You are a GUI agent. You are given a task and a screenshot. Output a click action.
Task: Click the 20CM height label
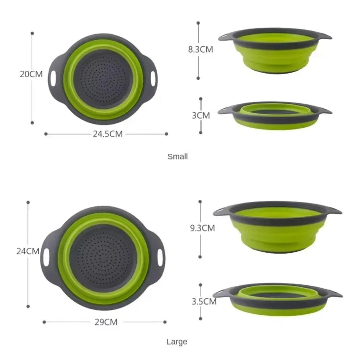pos(31,74)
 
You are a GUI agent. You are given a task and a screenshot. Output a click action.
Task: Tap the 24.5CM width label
pos(107,134)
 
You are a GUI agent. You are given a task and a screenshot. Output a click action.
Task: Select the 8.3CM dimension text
pos(200,50)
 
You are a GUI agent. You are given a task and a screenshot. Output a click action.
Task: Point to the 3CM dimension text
pos(201,115)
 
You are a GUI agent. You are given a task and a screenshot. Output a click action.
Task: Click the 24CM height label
pos(28,251)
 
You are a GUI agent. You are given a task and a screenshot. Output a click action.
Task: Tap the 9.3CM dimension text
pos(202,228)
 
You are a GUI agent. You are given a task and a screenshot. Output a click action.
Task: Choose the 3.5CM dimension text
pos(204,301)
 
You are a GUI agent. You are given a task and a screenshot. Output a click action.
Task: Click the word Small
pos(178,157)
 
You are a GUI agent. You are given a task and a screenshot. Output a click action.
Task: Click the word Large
pos(177,342)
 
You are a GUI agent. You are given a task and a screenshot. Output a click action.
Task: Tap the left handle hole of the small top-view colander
pos(54,78)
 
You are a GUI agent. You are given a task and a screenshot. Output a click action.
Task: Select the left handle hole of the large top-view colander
pos(46,257)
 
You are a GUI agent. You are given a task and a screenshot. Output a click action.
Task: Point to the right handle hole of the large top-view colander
pos(160,257)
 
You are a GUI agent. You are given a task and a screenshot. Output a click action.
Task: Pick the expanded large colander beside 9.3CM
pos(277,227)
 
